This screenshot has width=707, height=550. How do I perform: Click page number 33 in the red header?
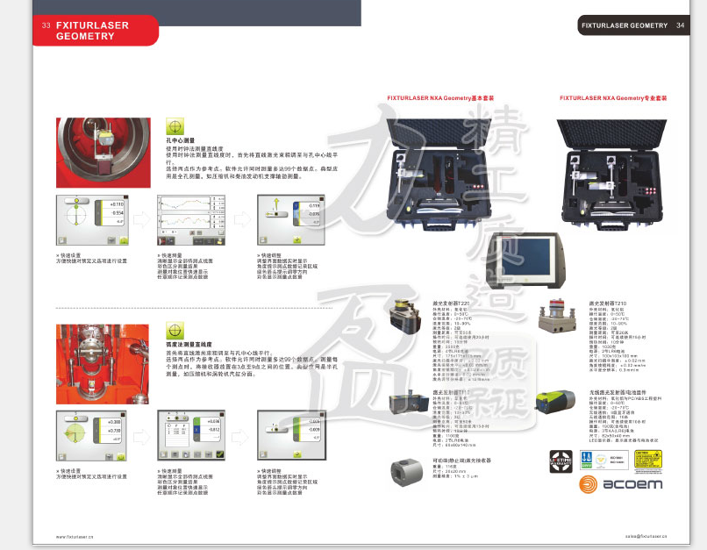45,25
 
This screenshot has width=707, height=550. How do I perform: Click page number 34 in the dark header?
680,25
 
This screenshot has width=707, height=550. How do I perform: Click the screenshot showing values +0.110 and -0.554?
91,220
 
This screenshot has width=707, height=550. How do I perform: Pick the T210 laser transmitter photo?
560,320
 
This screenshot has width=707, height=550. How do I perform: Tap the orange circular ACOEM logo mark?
587,484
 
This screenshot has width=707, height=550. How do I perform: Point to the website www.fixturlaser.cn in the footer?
75,536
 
